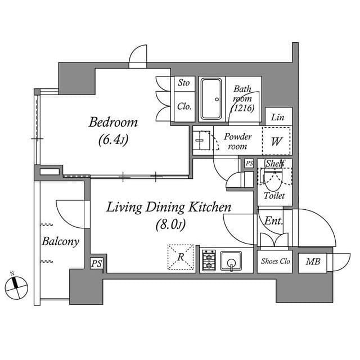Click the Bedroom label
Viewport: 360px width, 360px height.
[x=113, y=123]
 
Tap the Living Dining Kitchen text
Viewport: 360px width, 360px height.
[x=169, y=208]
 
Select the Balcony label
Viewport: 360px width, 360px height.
[x=60, y=242]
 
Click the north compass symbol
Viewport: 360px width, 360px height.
[x=16, y=287]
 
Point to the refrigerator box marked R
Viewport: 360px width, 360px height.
[x=181, y=258]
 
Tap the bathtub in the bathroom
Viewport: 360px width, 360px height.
[x=211, y=99]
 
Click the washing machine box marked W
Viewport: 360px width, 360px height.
[x=276, y=142]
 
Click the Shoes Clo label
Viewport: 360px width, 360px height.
[x=275, y=262]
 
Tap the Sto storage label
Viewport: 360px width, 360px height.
[x=183, y=83]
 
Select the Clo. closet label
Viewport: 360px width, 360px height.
[x=183, y=106]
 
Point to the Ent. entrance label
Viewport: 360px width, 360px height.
[x=273, y=221]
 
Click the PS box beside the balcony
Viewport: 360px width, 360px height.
[x=96, y=263]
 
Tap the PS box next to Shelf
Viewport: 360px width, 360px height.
[x=249, y=163]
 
